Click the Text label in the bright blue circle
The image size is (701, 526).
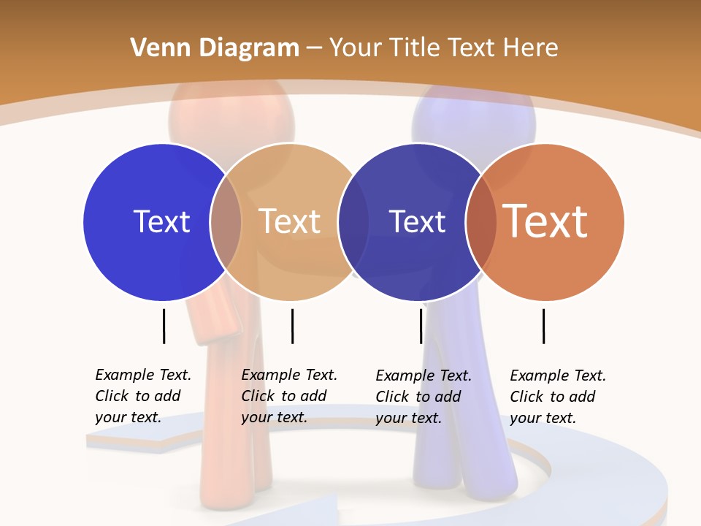[x=161, y=221]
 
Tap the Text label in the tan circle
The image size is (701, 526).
[x=290, y=221]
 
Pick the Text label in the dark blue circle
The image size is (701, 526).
[x=417, y=221]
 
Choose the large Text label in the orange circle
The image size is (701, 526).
[x=545, y=221]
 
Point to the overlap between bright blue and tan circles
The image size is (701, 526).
[x=226, y=221]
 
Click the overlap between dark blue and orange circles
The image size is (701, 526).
[x=480, y=221]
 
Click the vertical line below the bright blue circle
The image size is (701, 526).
[x=164, y=326]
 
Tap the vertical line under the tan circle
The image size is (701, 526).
[x=292, y=326]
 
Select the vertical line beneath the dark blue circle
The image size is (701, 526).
[x=421, y=326]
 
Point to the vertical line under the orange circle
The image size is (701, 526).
[x=543, y=326]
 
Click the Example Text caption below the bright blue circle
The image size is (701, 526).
[x=142, y=396]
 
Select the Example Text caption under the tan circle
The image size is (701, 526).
[x=288, y=396]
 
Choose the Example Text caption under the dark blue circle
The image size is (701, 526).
[x=423, y=397]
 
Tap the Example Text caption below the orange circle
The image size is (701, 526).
[x=557, y=397]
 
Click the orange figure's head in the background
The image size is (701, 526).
[x=231, y=117]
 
